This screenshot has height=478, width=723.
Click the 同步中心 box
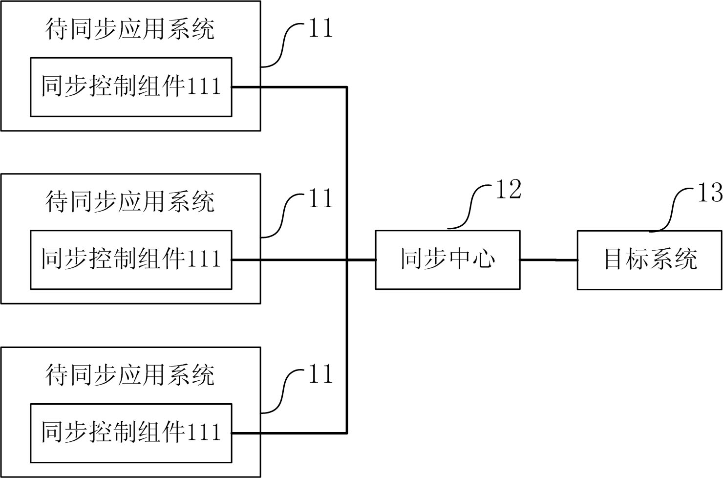pyautogui.click(x=447, y=260)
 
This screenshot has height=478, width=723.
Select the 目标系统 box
pyautogui.click(x=650, y=260)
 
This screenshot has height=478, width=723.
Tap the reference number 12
pyautogui.click(x=509, y=190)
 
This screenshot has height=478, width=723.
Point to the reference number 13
pyautogui.click(x=709, y=193)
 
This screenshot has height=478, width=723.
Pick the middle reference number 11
pyautogui.click(x=320, y=199)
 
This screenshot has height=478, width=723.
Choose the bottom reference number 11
pyautogui.click(x=320, y=374)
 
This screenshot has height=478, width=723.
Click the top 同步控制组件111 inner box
pyautogui.click(x=131, y=87)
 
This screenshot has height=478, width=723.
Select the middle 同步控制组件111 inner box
pyautogui.click(x=131, y=260)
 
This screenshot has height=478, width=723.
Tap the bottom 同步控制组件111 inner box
pyautogui.click(x=131, y=433)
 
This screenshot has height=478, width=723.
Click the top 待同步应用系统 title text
pyautogui.click(x=130, y=29)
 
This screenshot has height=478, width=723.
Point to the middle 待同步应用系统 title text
pyautogui.click(x=130, y=201)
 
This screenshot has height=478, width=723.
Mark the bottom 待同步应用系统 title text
pyautogui.click(x=130, y=375)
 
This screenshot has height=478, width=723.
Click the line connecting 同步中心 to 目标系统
pyautogui.click(x=548, y=260)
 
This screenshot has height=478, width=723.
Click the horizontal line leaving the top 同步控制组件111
pyautogui.click(x=288, y=87)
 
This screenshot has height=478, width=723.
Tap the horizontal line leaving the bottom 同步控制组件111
pyautogui.click(x=288, y=433)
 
